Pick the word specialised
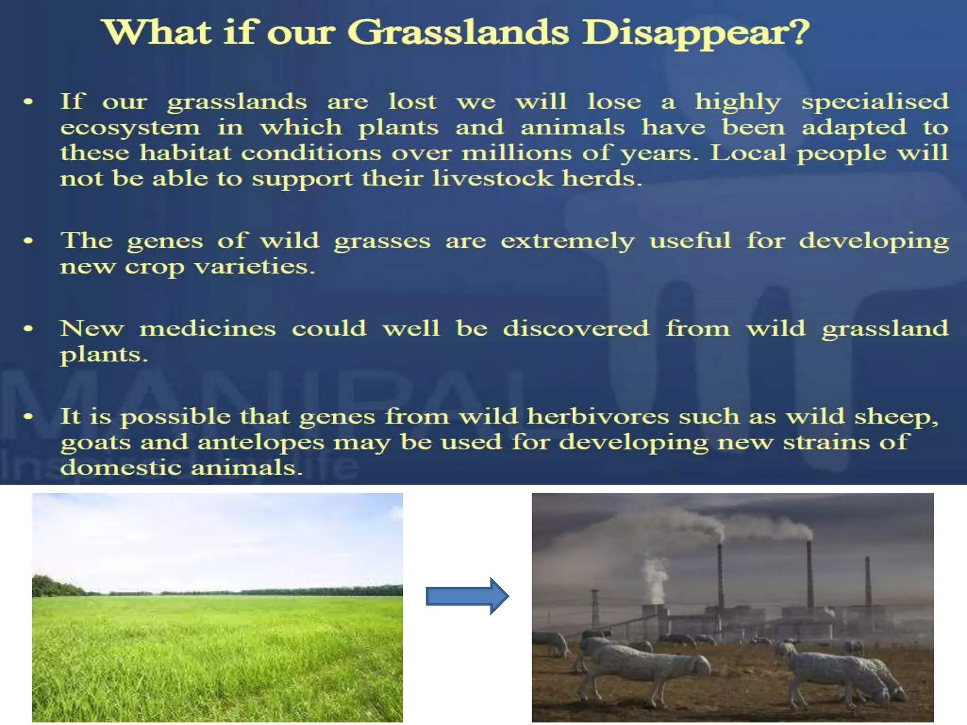(x=875, y=102)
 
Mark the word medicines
(x=208, y=329)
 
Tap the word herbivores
(x=598, y=416)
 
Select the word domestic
(x=121, y=467)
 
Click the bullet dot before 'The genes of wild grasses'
(x=28, y=241)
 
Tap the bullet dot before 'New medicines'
(x=28, y=329)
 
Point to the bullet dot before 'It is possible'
(x=28, y=416)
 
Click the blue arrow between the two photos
(x=467, y=596)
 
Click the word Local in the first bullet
(x=748, y=152)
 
